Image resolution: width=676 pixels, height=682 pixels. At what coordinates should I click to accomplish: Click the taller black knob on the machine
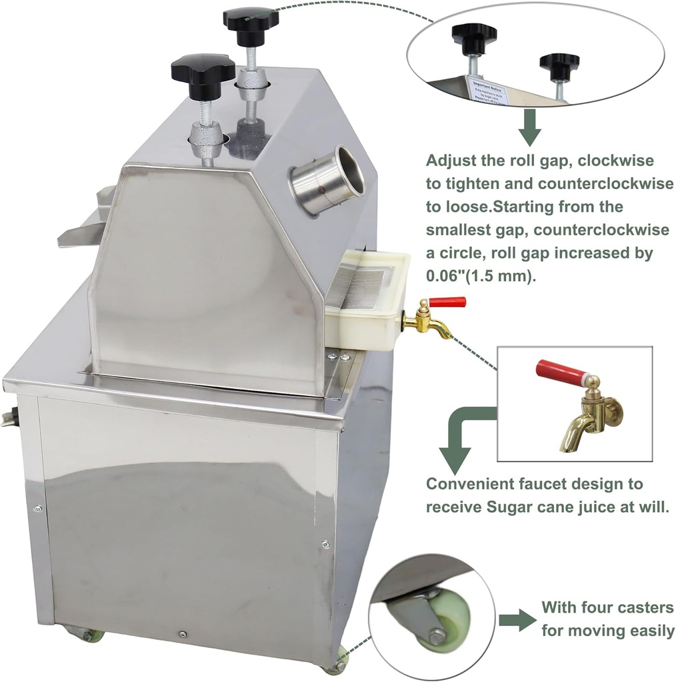[250, 18]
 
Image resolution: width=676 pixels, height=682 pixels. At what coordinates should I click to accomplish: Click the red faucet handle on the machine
[447, 302]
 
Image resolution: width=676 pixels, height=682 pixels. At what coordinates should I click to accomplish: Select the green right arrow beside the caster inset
[517, 621]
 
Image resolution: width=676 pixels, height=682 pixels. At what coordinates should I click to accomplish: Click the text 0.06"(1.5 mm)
[480, 275]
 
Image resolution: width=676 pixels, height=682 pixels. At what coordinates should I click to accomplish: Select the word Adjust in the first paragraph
[448, 161]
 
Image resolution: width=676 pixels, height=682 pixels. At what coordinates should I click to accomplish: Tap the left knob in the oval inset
[474, 33]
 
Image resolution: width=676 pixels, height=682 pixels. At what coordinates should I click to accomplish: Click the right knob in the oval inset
[559, 65]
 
